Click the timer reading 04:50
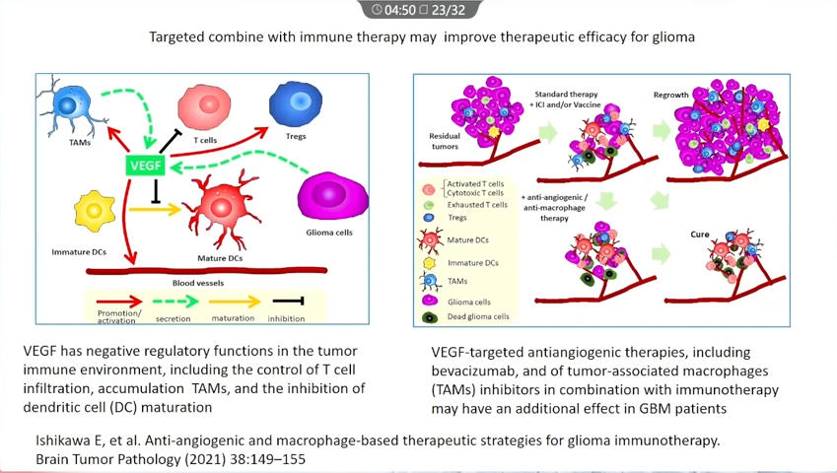click(400, 10)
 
